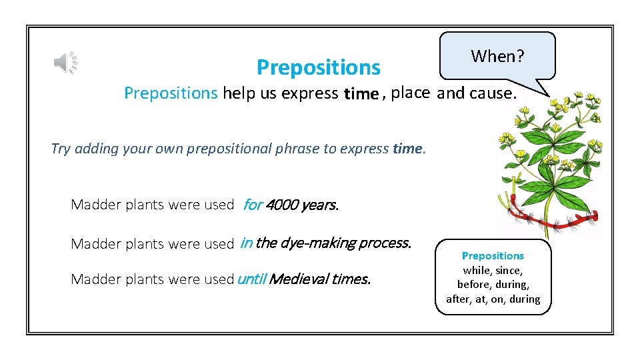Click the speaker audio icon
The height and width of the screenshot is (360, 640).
[x=65, y=63]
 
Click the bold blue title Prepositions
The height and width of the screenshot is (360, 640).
[x=318, y=67]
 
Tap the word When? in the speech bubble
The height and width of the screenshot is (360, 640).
[x=497, y=57]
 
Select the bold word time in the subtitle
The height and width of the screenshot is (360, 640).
[x=361, y=94]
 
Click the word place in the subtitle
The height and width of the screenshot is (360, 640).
[x=410, y=93]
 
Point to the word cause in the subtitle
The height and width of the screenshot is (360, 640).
[x=491, y=93]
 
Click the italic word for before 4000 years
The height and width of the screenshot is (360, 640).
[x=252, y=205]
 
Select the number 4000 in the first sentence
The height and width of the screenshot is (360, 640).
[x=281, y=205]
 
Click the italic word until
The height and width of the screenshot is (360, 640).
[x=251, y=279]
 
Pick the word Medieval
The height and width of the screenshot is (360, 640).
[x=299, y=279]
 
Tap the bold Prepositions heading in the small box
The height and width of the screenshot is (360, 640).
[x=493, y=256]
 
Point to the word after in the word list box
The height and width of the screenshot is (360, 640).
[x=458, y=299]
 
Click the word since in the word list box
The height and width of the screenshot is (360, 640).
[x=509, y=270]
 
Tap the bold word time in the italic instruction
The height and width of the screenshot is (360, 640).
[x=407, y=149]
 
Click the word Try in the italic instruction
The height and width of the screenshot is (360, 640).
[x=61, y=149]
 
